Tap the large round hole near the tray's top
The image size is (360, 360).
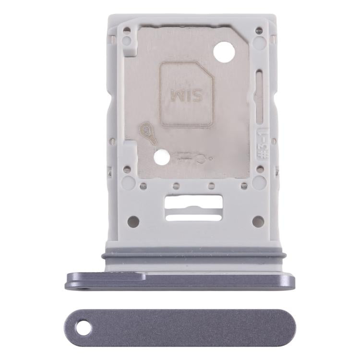click(x=224, y=51)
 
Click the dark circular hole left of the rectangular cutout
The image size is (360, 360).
click(x=133, y=221)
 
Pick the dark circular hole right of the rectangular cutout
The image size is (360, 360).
click(x=258, y=221)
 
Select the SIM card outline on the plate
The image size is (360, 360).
click(x=186, y=94)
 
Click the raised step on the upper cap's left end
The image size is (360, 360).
click(x=106, y=276)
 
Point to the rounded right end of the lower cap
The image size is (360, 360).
click(x=287, y=328)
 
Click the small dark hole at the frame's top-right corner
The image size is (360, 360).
click(x=260, y=30)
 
